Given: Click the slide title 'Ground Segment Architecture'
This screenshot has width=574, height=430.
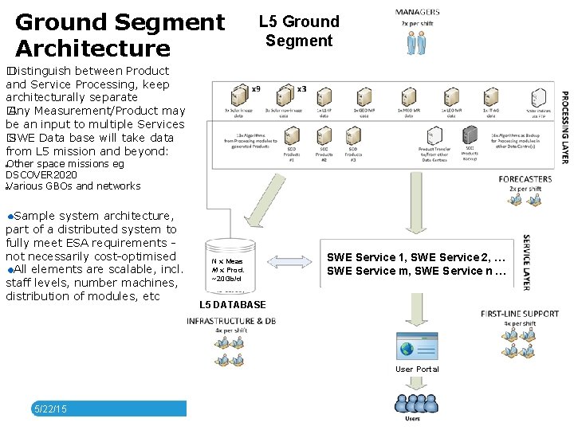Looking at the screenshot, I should point(120,35).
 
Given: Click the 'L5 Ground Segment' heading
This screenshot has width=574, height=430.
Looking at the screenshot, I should point(299,31).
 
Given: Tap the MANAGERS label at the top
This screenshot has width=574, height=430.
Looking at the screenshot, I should point(417,12).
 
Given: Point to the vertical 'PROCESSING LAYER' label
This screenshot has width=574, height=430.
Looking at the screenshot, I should point(564,127).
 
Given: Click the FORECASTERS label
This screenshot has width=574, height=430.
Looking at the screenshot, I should point(525,179).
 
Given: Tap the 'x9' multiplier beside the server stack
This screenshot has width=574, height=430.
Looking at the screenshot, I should point(255,89).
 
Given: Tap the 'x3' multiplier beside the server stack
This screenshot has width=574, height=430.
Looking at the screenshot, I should point(301,88).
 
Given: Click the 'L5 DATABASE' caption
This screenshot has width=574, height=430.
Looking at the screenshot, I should point(232,305).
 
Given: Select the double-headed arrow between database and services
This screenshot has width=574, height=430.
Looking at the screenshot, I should point(285,264).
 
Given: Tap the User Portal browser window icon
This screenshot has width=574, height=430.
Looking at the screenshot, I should point(416,346).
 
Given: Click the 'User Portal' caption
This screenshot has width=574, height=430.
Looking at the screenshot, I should point(417,369).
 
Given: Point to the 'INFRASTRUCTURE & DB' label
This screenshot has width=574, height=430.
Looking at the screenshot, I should point(231,321).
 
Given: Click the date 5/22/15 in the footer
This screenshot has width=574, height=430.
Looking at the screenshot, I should point(50,408).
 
